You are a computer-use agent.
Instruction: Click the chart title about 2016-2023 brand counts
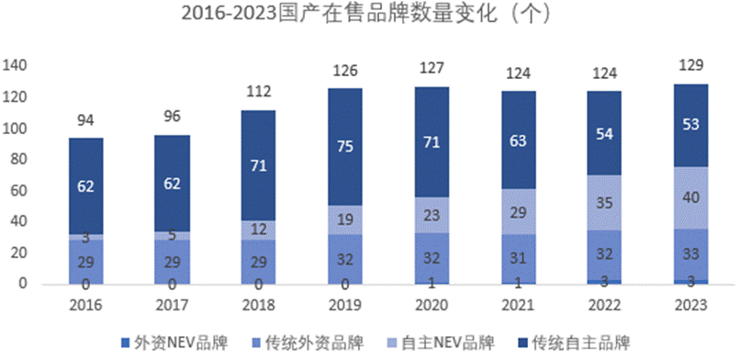[370, 16]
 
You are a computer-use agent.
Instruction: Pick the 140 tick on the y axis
[17, 66]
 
